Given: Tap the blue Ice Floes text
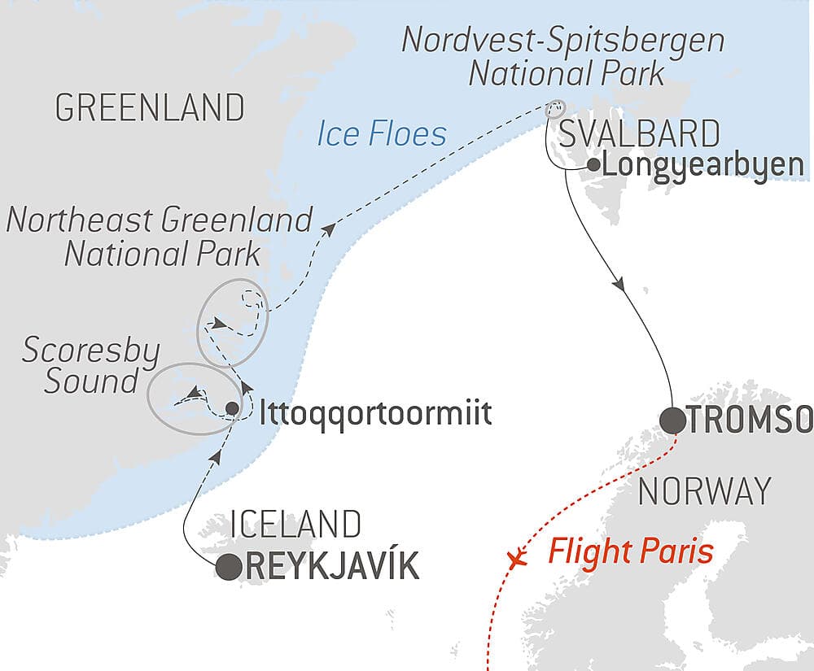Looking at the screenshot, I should [382, 133].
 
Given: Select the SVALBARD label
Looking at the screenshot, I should [639, 133].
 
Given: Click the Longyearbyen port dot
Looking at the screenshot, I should [592, 166].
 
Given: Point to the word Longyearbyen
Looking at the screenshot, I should [704, 166].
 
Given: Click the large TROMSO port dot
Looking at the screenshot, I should [672, 420].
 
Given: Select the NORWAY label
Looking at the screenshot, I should [705, 491].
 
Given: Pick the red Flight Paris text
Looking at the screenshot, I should [631, 553].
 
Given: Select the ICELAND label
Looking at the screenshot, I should [295, 525].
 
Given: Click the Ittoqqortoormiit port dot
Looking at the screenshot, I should [232, 408].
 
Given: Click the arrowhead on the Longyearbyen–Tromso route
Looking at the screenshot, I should [622, 286].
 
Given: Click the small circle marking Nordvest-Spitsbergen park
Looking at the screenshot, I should [555, 107].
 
